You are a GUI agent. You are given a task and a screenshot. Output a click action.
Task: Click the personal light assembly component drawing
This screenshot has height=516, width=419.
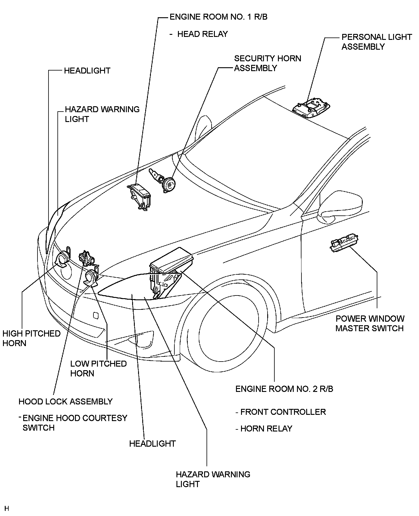coord(311,108)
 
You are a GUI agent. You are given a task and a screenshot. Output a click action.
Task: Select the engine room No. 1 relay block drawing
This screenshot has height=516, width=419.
coord(139,195)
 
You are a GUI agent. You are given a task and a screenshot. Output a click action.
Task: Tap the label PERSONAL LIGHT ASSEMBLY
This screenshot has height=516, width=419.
coord(376,42)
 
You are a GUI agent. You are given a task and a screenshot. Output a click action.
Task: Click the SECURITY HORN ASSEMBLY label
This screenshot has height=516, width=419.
coord(267,63)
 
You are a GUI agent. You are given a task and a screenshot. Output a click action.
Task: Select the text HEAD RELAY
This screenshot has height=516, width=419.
coord(202,34)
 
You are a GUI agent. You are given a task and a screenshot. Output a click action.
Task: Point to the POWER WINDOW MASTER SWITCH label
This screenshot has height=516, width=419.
coord(370,323)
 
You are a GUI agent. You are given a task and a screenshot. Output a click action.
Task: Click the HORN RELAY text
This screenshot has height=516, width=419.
coord(266,429)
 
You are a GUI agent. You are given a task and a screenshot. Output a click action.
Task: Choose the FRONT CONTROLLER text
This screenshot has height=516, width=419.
coord(283,412)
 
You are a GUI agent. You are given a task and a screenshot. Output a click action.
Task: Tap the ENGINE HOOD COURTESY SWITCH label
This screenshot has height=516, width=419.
coord(74,423)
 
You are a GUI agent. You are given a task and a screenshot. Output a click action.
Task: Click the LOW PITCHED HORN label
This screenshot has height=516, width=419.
coord(99,368)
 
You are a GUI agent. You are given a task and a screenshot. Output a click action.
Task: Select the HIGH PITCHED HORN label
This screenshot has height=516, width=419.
coord(31,338)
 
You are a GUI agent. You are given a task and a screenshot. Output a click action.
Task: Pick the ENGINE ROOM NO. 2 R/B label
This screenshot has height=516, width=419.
coord(284,389)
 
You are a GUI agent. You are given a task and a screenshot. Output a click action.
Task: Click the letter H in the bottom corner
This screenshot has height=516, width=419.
coord(7,508)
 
